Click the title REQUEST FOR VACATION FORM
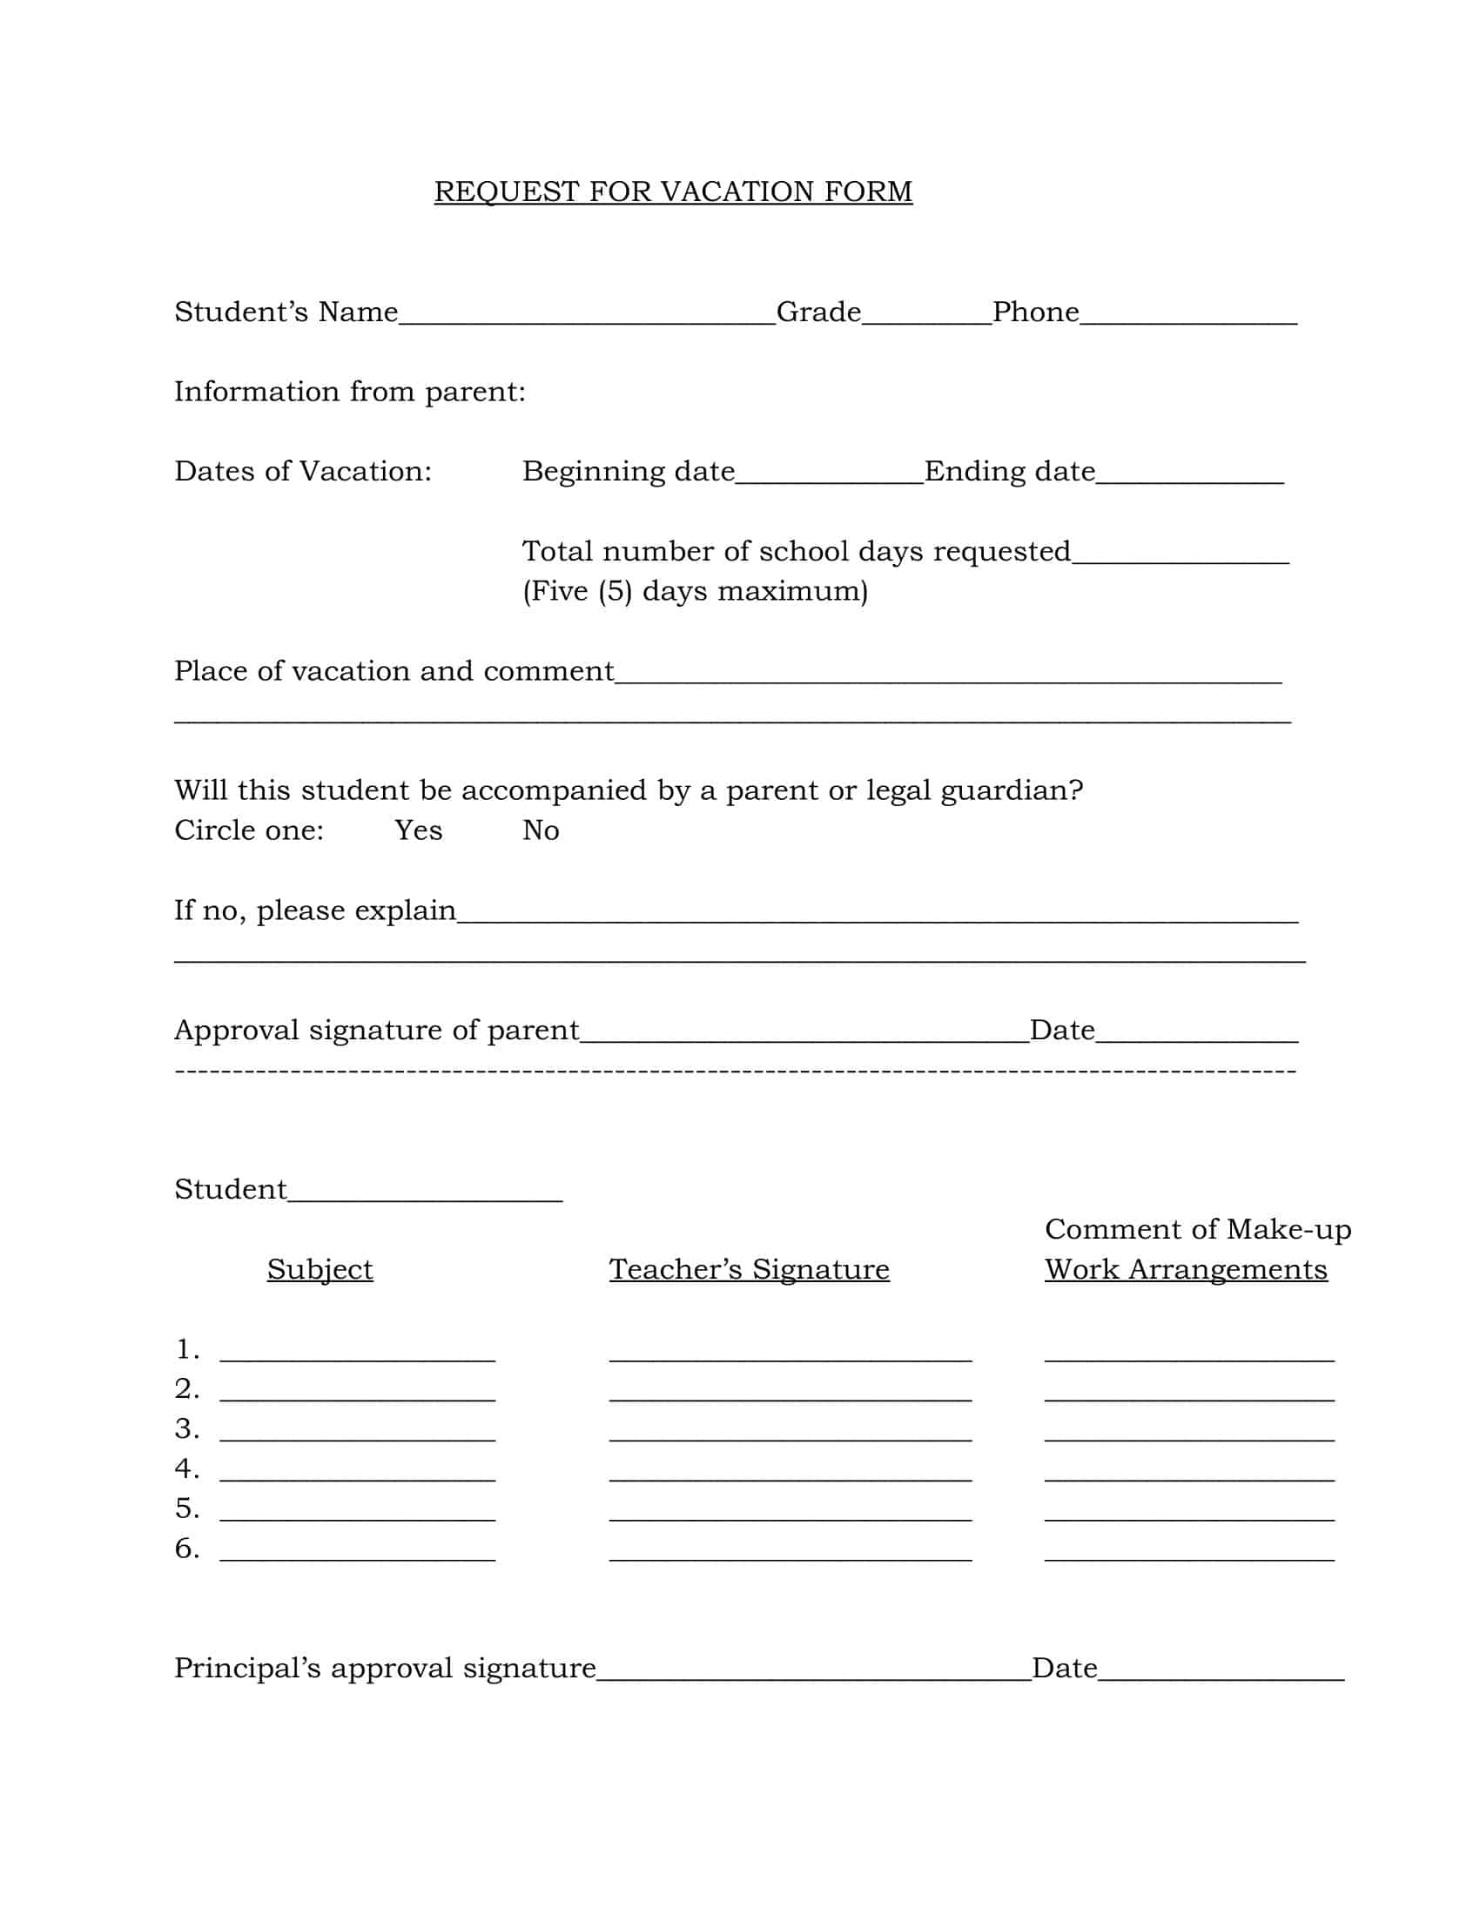tap(673, 191)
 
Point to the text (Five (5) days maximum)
tap(696, 591)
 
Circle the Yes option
tap(418, 830)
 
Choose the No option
tap(540, 830)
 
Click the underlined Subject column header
tap(320, 1269)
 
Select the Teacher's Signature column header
tap(749, 1269)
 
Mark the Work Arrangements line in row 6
tap(1189, 1553)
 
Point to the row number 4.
tap(186, 1468)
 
